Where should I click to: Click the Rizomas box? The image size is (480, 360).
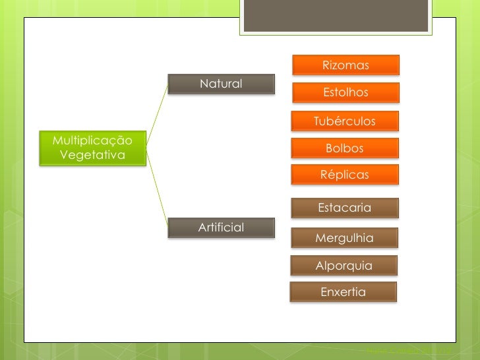pos(345,65)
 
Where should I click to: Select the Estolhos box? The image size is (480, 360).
pos(345,92)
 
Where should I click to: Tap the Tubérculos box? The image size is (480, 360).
pos(345,121)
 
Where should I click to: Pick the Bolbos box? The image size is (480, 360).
pos(345,148)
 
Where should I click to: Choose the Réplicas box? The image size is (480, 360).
pos(345,175)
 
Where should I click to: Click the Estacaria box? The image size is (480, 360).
pos(345,208)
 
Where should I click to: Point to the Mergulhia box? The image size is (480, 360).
pos(345,238)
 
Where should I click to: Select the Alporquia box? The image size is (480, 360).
pos(344,266)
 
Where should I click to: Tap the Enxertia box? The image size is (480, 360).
pos(343,291)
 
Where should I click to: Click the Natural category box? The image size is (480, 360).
pos(221,84)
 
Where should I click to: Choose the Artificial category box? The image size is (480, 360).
pos(221,227)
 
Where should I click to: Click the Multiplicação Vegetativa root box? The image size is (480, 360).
pos(92,148)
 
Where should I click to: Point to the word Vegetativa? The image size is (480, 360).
pos(92,155)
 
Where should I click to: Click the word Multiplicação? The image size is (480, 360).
pos(92,140)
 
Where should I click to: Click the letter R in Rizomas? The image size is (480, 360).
pos(326,65)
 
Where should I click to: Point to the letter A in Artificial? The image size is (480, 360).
pos(202,227)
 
